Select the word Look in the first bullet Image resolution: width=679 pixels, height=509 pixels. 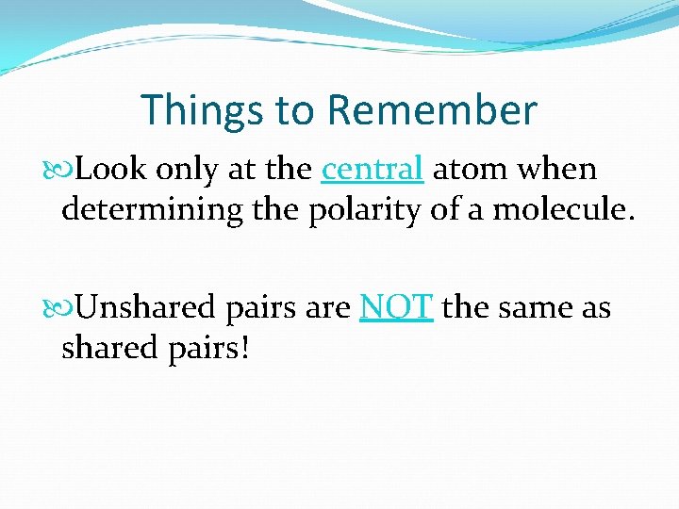pos(111,170)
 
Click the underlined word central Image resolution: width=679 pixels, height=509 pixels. pos(372,170)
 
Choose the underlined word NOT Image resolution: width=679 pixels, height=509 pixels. pos(396,307)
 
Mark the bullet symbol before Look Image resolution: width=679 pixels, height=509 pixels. pos(66,171)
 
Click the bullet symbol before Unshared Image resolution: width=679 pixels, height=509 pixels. pos(66,308)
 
